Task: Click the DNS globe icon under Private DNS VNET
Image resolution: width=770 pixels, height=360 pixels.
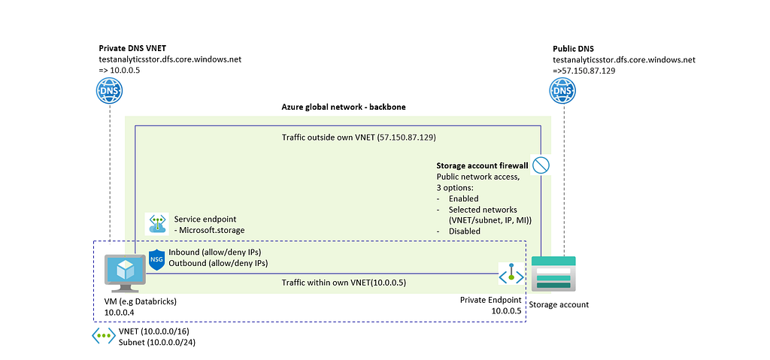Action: tap(110, 92)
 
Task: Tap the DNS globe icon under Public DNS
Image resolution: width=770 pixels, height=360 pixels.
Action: tap(562, 92)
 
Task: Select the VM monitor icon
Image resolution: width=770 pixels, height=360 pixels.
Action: tap(126, 273)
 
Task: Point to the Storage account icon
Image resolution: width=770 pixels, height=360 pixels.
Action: tap(553, 274)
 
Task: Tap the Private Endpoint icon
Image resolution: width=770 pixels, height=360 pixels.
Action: tap(511, 274)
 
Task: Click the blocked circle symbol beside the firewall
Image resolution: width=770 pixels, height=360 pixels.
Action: tap(541, 165)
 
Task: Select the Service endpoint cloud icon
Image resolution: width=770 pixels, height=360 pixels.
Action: tap(156, 223)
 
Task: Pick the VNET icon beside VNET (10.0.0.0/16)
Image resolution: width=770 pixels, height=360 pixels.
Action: tap(104, 335)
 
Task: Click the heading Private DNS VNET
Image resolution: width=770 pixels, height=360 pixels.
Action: tap(132, 49)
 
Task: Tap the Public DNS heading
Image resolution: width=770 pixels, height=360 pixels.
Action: tap(573, 49)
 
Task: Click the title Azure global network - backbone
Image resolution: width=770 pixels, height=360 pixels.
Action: tap(343, 107)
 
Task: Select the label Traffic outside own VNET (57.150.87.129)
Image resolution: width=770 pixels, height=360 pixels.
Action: tap(359, 138)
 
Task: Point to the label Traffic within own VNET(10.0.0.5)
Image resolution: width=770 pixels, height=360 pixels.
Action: tap(344, 283)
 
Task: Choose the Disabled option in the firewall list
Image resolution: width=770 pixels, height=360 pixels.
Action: tap(465, 231)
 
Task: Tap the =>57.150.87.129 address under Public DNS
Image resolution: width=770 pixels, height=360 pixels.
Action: tap(584, 71)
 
